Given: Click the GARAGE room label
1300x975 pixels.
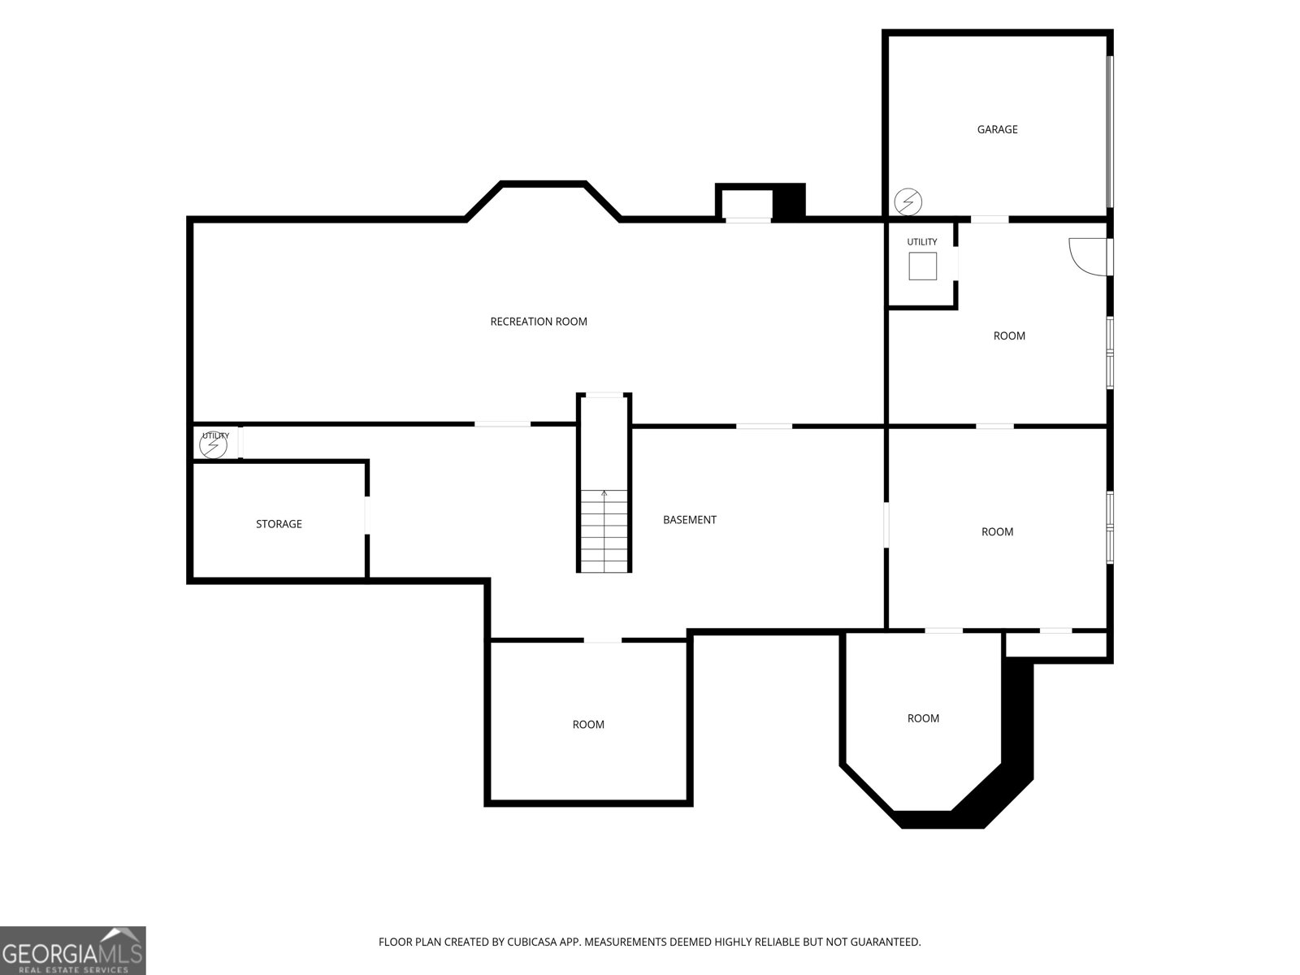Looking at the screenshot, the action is tap(997, 129).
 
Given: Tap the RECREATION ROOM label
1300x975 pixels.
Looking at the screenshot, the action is tap(539, 322).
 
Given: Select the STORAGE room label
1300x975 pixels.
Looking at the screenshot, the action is tap(279, 524).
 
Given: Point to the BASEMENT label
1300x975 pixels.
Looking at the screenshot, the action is tap(689, 520).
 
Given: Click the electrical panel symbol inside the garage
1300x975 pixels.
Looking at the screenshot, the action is tap(908, 201).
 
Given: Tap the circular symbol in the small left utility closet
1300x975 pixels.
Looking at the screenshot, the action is tap(213, 444).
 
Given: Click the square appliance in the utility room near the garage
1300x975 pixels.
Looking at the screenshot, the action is tap(923, 266).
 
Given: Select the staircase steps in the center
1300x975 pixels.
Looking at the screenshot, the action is tap(604, 531).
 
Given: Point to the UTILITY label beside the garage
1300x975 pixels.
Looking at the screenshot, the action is tap(921, 241).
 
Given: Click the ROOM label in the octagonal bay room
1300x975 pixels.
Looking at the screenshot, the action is tap(923, 718).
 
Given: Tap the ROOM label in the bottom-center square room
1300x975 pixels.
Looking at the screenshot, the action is tap(588, 725).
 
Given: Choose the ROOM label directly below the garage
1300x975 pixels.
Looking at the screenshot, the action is tap(1008, 336).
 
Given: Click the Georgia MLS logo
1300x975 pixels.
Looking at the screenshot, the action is tap(73, 950).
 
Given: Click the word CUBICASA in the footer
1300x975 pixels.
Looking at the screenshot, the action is tap(529, 941).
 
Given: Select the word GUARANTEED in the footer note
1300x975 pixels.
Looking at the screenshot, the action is tap(885, 941).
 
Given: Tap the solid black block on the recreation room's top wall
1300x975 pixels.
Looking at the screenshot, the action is tap(789, 203).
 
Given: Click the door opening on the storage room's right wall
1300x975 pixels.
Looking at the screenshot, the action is tap(367, 515).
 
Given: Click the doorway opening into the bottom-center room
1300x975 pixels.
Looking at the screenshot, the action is tap(602, 640).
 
